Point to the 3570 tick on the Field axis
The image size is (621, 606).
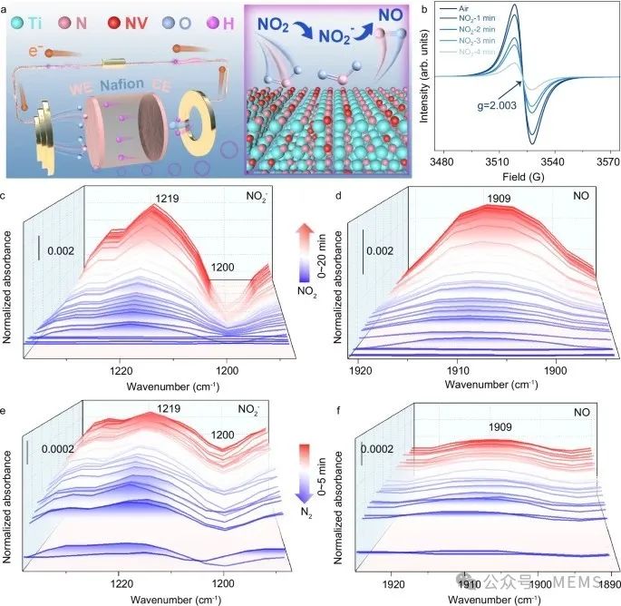599,162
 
